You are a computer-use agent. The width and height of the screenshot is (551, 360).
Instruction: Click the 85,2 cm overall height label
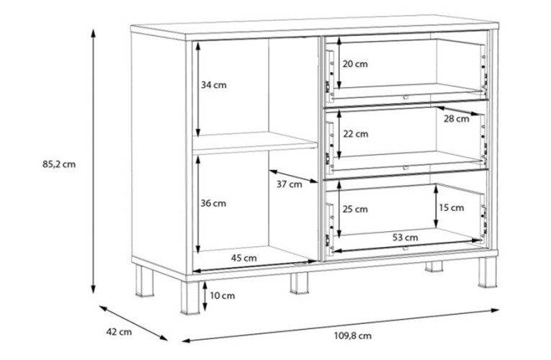pyautogui.click(x=59, y=164)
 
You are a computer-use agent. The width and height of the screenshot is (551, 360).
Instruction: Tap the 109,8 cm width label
pyautogui.click(x=352, y=336)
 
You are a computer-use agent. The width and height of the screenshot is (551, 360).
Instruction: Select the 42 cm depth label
pyautogui.click(x=119, y=332)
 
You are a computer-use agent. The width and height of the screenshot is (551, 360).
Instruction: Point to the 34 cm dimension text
pyautogui.click(x=214, y=85)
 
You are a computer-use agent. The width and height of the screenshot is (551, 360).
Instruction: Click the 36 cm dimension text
pyautogui.click(x=213, y=203)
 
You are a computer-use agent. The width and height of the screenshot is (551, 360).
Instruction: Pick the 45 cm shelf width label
pyautogui.click(x=244, y=258)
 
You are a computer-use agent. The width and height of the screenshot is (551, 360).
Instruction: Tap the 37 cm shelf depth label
pyautogui.click(x=290, y=184)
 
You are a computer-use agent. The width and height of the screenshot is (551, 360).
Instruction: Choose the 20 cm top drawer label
pyautogui.click(x=355, y=64)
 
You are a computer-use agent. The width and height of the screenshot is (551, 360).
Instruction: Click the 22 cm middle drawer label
pyautogui.click(x=356, y=134)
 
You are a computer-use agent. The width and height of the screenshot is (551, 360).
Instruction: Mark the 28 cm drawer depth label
pyautogui.click(x=456, y=119)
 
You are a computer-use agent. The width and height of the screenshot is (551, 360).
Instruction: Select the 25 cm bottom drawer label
pyautogui.click(x=355, y=210)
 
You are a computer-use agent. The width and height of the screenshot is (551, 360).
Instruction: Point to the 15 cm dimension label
pyautogui.click(x=452, y=208)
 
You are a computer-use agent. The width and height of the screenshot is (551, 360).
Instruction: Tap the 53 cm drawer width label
pyautogui.click(x=406, y=238)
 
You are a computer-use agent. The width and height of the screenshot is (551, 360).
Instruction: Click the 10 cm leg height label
pyautogui.click(x=223, y=296)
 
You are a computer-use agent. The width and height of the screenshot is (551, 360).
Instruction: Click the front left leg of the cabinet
pyautogui.click(x=189, y=297)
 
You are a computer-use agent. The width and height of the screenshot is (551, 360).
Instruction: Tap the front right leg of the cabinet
pyautogui.click(x=488, y=272)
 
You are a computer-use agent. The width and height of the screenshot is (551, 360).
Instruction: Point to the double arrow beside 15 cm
pyautogui.click(x=436, y=206)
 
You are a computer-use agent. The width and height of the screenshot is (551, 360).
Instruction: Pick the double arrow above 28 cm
pyautogui.click(x=458, y=111)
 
